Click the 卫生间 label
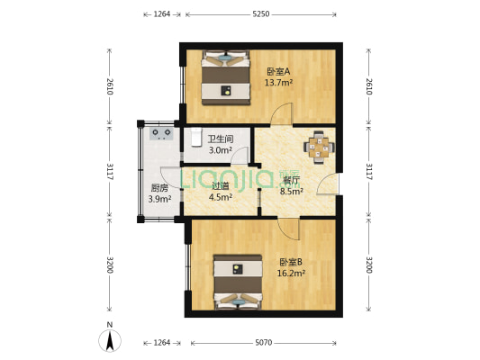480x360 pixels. click(221, 139)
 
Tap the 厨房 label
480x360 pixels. click(159, 188)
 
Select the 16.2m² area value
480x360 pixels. click(291, 273)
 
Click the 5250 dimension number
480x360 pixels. click(260, 14)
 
